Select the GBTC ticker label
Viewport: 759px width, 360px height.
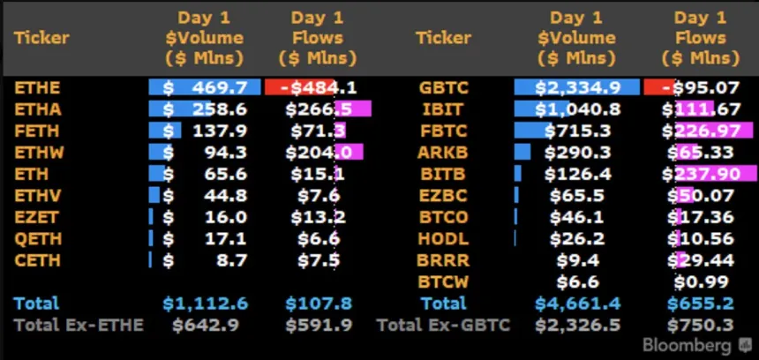click(x=444, y=88)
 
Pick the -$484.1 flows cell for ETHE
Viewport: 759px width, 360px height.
click(x=318, y=88)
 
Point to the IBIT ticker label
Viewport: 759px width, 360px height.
click(x=439, y=109)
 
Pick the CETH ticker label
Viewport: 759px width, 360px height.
click(x=36, y=260)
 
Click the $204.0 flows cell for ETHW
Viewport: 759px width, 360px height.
click(x=318, y=153)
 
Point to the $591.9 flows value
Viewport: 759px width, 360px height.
click(x=319, y=325)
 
